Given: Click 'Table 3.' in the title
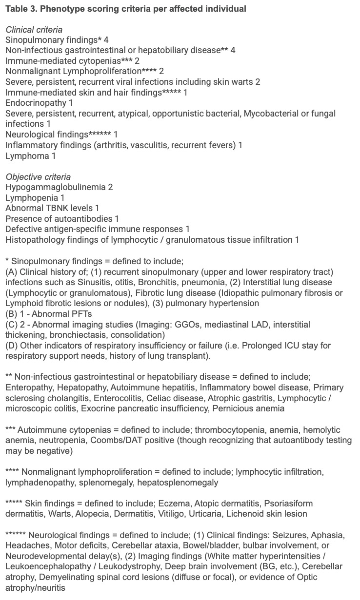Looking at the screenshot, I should (20, 9).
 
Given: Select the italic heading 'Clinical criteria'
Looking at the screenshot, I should (34, 30).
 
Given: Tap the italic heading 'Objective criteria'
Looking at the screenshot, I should (38, 177).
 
